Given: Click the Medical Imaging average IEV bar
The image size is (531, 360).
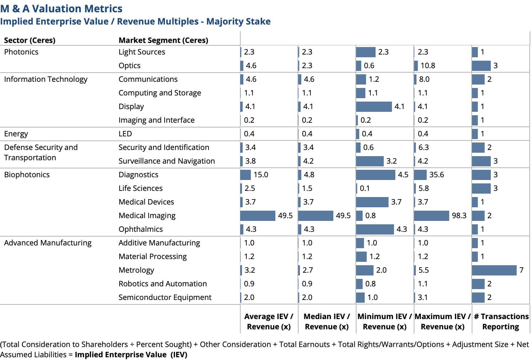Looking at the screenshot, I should (x=258, y=215).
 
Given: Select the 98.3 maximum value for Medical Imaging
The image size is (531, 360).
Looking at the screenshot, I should (x=459, y=215).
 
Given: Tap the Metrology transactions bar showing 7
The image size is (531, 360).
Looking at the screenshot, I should (x=494, y=270).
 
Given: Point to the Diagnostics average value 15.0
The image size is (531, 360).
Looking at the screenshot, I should (x=261, y=175).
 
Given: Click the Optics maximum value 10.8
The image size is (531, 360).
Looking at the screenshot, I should (x=428, y=65).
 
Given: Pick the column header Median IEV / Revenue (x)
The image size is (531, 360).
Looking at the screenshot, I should (x=327, y=321).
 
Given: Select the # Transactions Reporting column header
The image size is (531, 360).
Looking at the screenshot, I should (x=501, y=321).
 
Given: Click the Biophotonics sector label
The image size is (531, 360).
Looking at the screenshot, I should (x=27, y=175).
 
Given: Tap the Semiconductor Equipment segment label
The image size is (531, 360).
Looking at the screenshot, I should (x=165, y=297).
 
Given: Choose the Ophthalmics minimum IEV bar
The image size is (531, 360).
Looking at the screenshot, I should (x=375, y=229).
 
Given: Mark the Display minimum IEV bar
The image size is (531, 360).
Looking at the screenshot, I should (x=374, y=106).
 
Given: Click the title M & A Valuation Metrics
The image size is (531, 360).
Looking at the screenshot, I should (x=61, y=9).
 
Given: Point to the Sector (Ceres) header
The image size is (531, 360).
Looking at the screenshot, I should (x=30, y=40).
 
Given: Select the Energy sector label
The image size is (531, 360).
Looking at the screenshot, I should (x=16, y=134).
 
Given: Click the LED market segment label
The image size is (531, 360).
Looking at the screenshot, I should (x=125, y=134).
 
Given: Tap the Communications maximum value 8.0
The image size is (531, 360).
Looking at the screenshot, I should (x=424, y=79).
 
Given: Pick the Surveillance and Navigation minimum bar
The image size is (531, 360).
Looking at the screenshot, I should (x=370, y=161).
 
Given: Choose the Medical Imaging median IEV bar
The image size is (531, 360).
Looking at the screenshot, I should (x=316, y=215).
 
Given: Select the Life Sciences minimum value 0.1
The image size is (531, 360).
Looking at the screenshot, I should (x=365, y=188).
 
